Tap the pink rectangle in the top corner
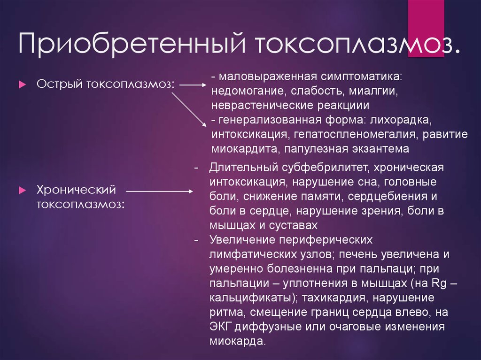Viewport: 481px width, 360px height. [426, 28]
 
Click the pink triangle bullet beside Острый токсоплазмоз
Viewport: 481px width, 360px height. [23, 84]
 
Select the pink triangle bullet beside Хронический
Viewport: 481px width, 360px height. [23, 191]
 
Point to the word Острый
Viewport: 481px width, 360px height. [60, 84]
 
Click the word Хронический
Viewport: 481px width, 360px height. [77, 190]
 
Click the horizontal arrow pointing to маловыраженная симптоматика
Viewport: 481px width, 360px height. [193, 85]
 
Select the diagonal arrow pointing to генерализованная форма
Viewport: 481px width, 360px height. [189, 109]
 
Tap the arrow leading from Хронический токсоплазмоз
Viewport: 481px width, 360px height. [160, 191]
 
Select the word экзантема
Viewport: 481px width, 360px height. [380, 149]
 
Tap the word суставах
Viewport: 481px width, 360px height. [293, 225]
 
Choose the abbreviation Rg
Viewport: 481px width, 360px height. [439, 283]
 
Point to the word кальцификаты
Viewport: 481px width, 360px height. [254, 298]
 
